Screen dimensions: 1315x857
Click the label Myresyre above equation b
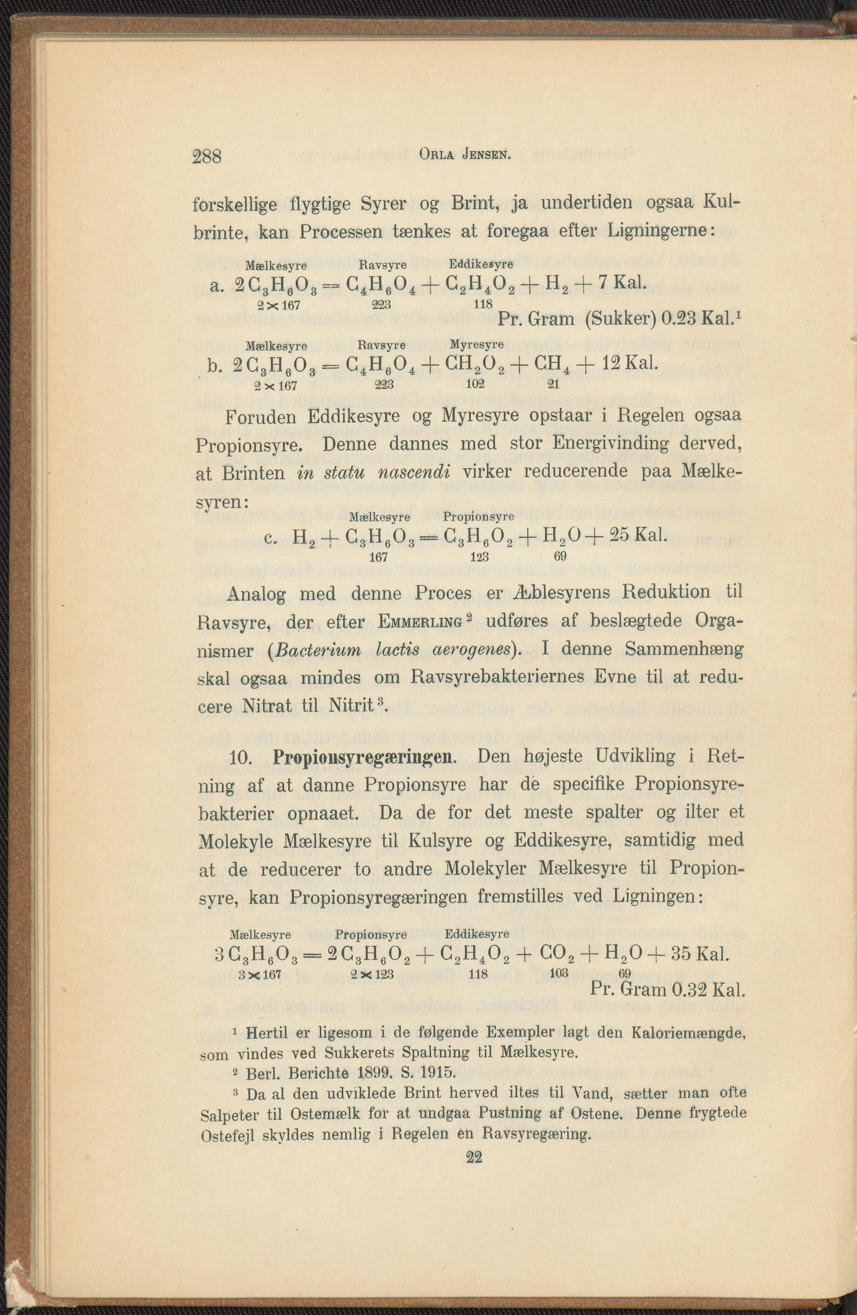(476, 345)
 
